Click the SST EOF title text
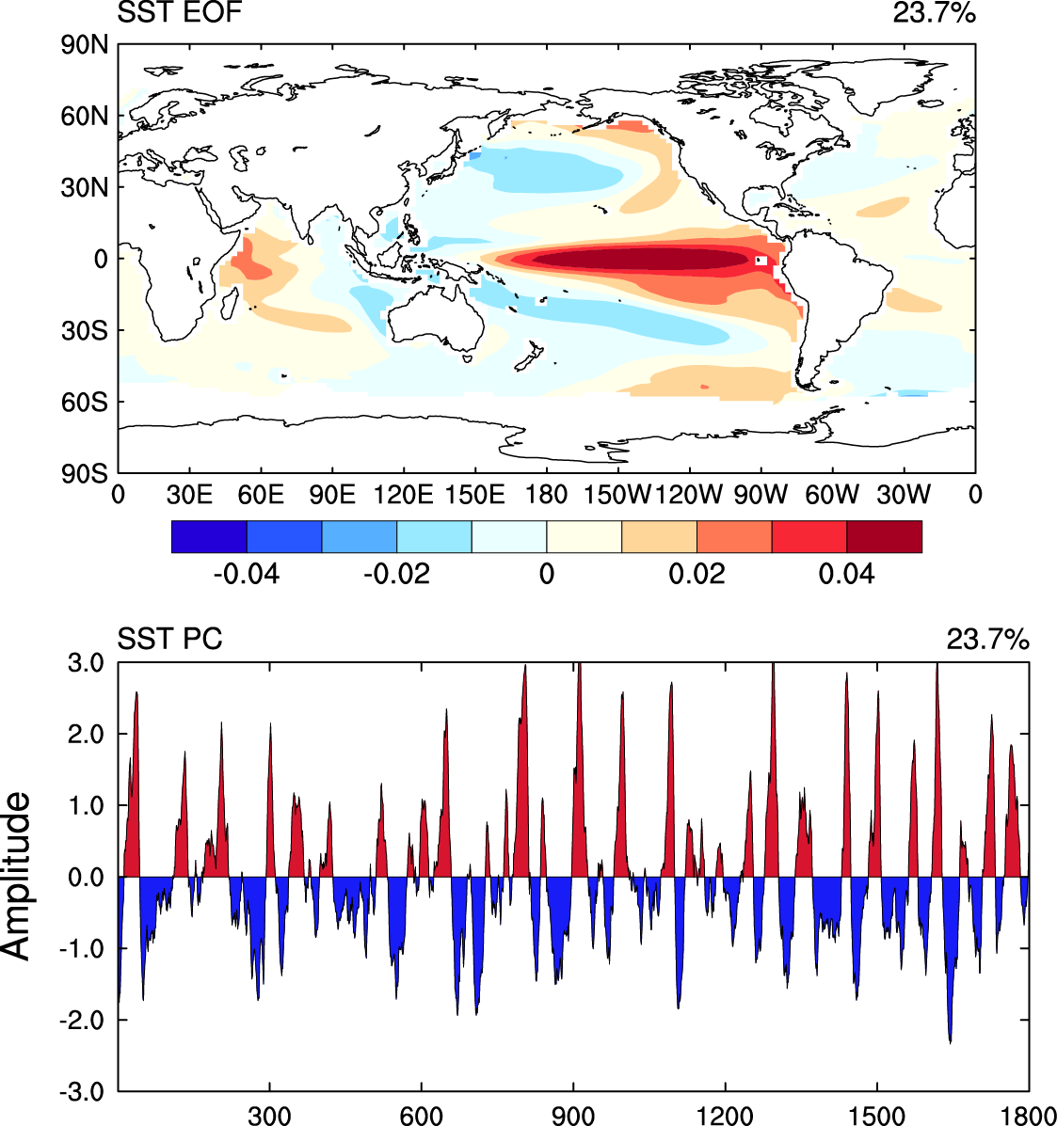(x=180, y=12)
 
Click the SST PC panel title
(x=169, y=639)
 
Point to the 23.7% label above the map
(x=934, y=12)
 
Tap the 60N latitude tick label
(x=84, y=116)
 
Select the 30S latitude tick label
(x=84, y=330)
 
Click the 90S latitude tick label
(x=84, y=474)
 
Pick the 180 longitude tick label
(x=547, y=495)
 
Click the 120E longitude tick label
(x=403, y=495)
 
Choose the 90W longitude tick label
(x=761, y=495)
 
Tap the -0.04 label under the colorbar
(x=247, y=574)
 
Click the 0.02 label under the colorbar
(x=697, y=574)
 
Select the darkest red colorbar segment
(x=885, y=536)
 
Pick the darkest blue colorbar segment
(x=209, y=536)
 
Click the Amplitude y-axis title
(x=17, y=876)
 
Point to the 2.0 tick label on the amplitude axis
(x=87, y=734)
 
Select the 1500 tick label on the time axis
(x=876, y=1116)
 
